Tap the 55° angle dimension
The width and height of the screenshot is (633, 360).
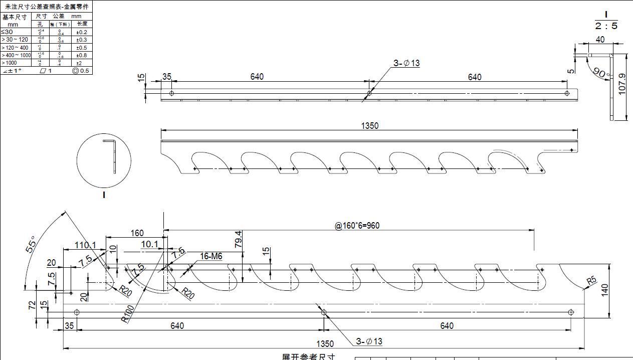tap(31, 244)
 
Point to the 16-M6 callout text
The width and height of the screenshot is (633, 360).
tap(211, 256)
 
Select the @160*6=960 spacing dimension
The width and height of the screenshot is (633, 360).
tap(357, 226)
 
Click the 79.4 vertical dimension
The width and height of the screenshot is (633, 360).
tap(239, 240)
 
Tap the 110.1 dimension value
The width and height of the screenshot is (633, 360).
tap(86, 245)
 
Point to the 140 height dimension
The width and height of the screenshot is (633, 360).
tap(604, 290)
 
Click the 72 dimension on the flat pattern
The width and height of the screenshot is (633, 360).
tap(33, 305)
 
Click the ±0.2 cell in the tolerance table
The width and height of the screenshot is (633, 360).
tap(81, 32)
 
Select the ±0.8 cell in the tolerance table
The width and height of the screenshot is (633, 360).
tap(81, 55)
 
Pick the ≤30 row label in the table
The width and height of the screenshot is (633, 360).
tap(7, 32)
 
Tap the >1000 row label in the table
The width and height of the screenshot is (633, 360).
tap(9, 63)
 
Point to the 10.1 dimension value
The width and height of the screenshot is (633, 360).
tap(149, 244)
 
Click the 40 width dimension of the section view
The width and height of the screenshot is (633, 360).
tap(600, 40)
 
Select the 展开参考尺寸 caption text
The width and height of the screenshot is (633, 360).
tap(308, 356)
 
